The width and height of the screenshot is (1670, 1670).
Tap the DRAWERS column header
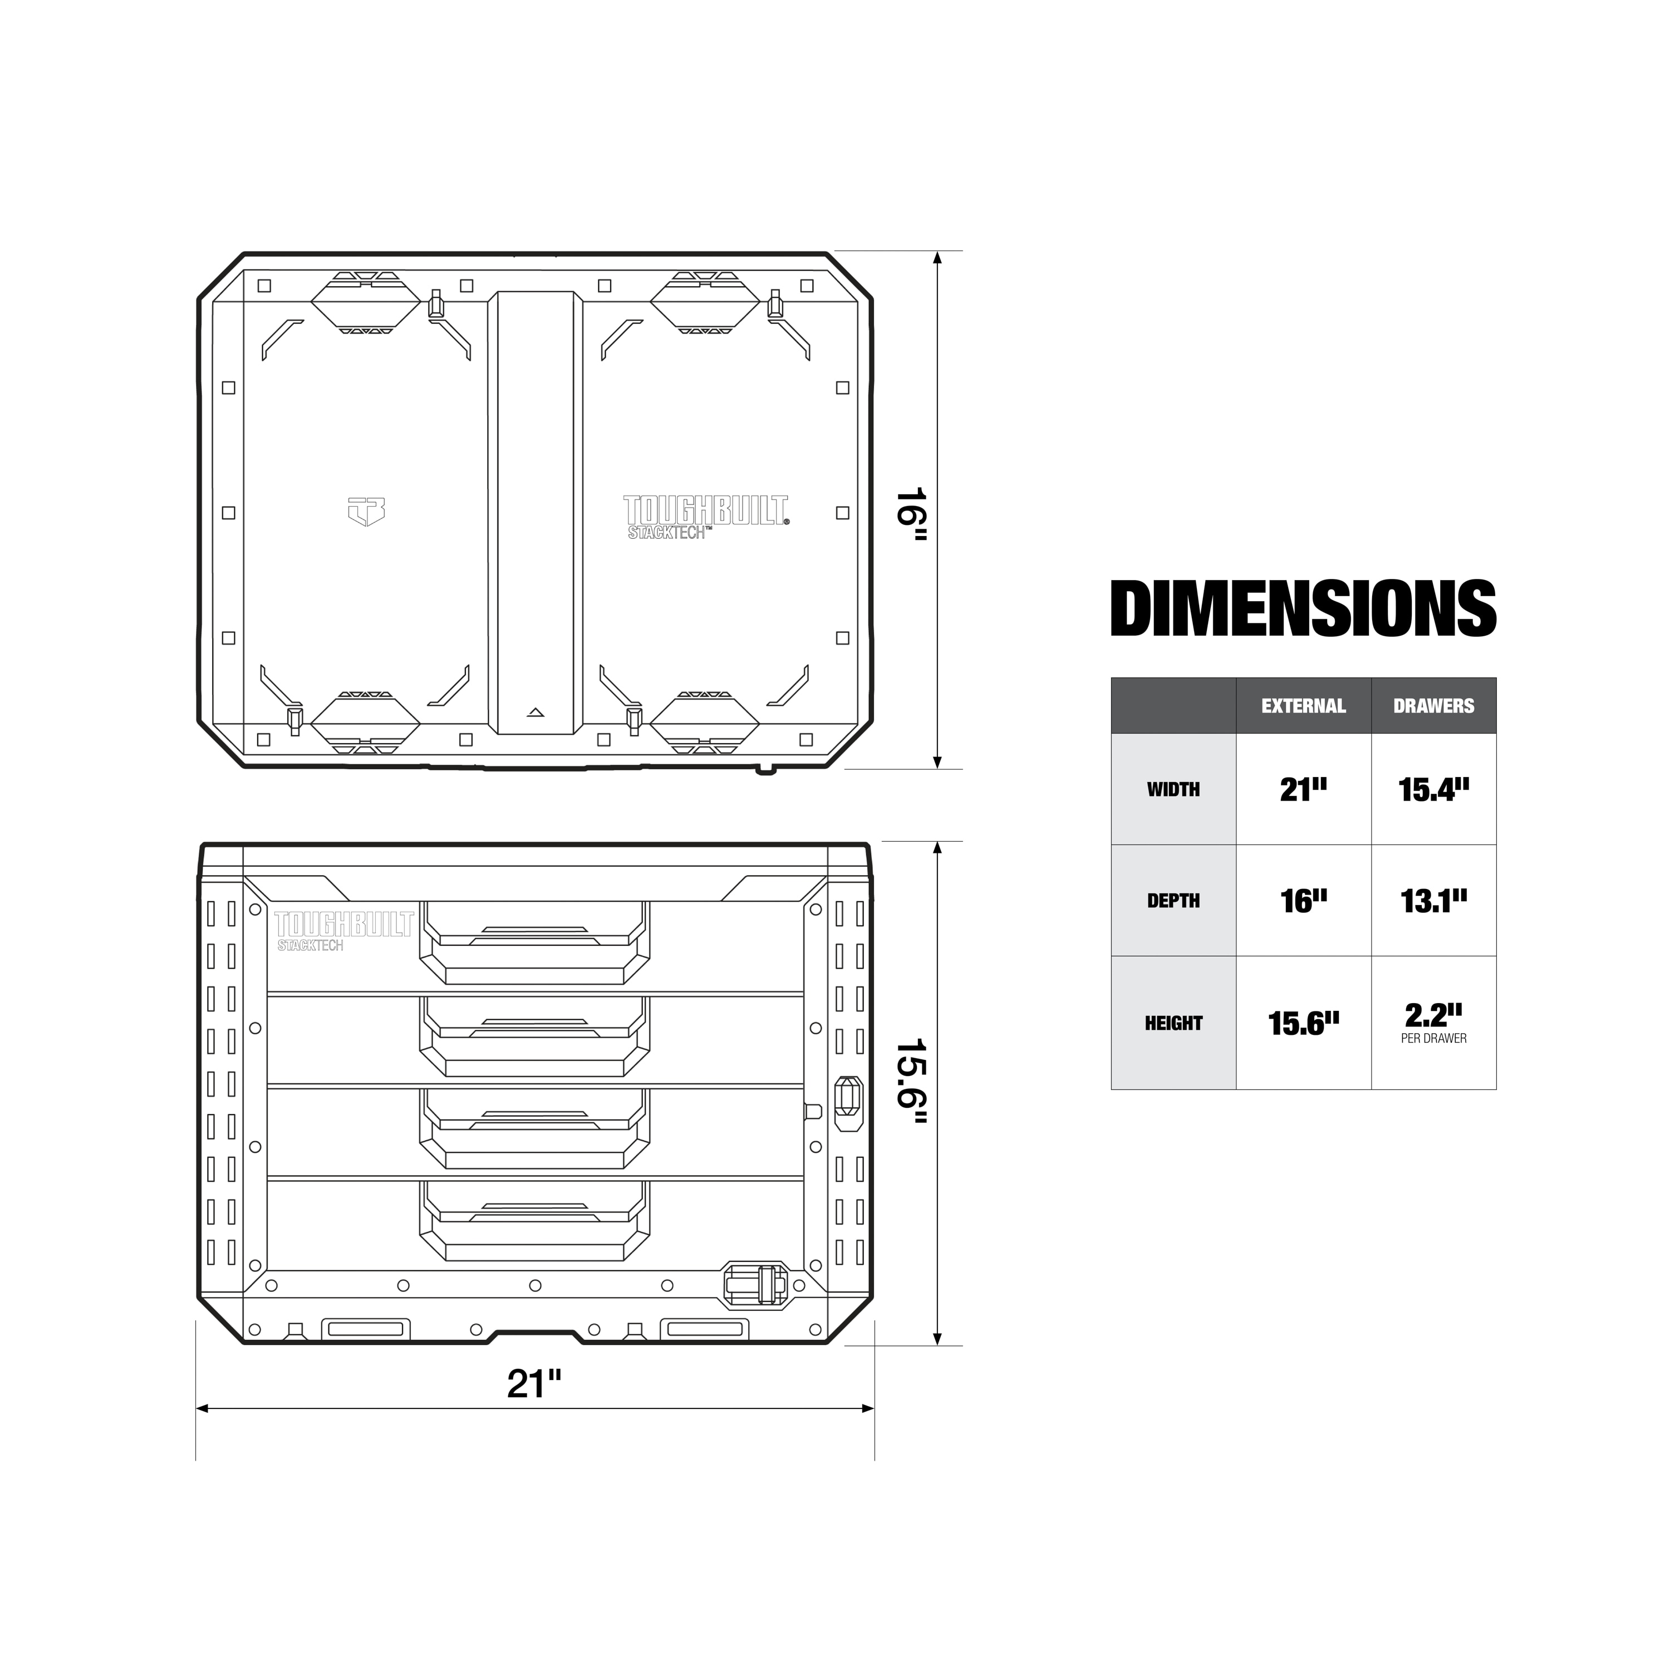(1433, 706)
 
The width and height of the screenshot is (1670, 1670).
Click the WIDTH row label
(1173, 789)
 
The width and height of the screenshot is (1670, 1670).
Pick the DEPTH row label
(1173, 901)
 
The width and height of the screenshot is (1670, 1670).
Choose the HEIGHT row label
(1173, 1024)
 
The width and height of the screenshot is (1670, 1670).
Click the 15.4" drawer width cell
(1433, 789)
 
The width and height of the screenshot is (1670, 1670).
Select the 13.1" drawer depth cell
(1433, 901)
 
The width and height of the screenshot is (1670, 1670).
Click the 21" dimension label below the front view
(534, 1384)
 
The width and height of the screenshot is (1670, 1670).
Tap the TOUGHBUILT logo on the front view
(344, 929)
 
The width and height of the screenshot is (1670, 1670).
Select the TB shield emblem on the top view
(366, 511)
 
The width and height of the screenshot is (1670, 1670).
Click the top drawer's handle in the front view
(534, 942)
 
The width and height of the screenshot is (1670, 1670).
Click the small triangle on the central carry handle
(535, 713)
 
